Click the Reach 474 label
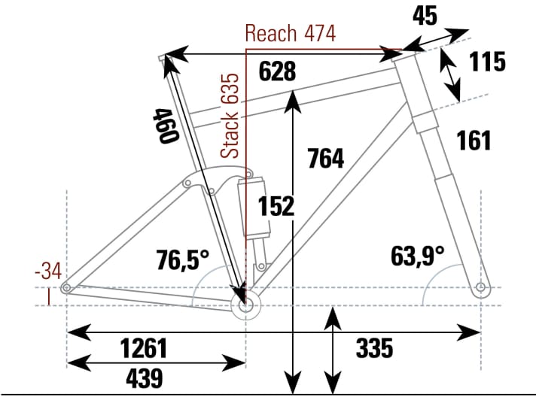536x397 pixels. pos(291,34)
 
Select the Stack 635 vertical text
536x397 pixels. pos(233,115)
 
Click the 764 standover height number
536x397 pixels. pos(325,159)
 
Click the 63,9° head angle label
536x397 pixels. pos(418,256)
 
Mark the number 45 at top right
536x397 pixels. pos(425,16)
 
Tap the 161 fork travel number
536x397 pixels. pos(473,141)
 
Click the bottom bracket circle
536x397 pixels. pos(245,305)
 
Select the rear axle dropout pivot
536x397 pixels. pos(67,287)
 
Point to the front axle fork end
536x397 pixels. pos(480,287)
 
